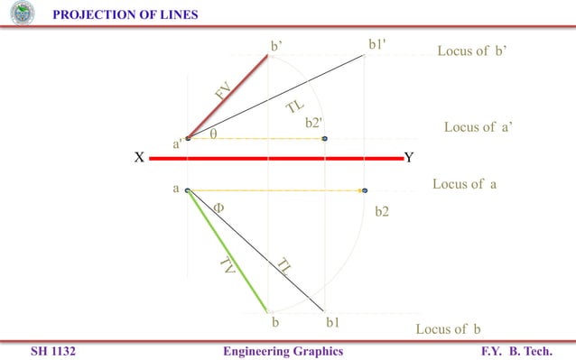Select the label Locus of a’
click(x=478, y=127)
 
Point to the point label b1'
click(x=381, y=45)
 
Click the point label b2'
click(x=314, y=123)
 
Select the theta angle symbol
click(x=213, y=134)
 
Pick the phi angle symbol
click(x=218, y=207)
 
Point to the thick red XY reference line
click(x=275, y=158)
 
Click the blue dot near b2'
click(x=324, y=138)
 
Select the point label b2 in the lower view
click(x=382, y=213)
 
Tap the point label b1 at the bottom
click(x=332, y=320)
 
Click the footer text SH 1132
click(x=51, y=350)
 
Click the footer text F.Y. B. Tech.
click(x=516, y=350)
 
